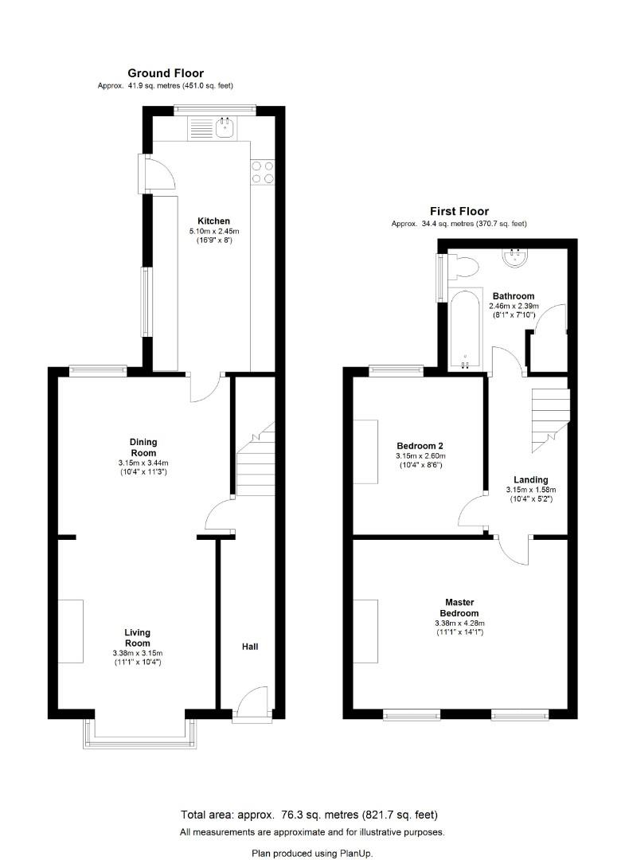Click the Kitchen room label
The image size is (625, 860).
(x=213, y=221)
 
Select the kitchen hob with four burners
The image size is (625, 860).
(x=263, y=173)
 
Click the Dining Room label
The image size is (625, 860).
(x=143, y=448)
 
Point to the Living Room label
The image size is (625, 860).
(x=137, y=638)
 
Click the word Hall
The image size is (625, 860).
(x=250, y=647)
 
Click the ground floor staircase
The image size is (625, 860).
(x=255, y=462)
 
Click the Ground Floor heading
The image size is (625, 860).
(x=166, y=73)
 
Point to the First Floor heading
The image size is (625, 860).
(x=459, y=211)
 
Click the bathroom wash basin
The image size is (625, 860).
(x=516, y=256)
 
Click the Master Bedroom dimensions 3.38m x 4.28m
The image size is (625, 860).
(x=459, y=623)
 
